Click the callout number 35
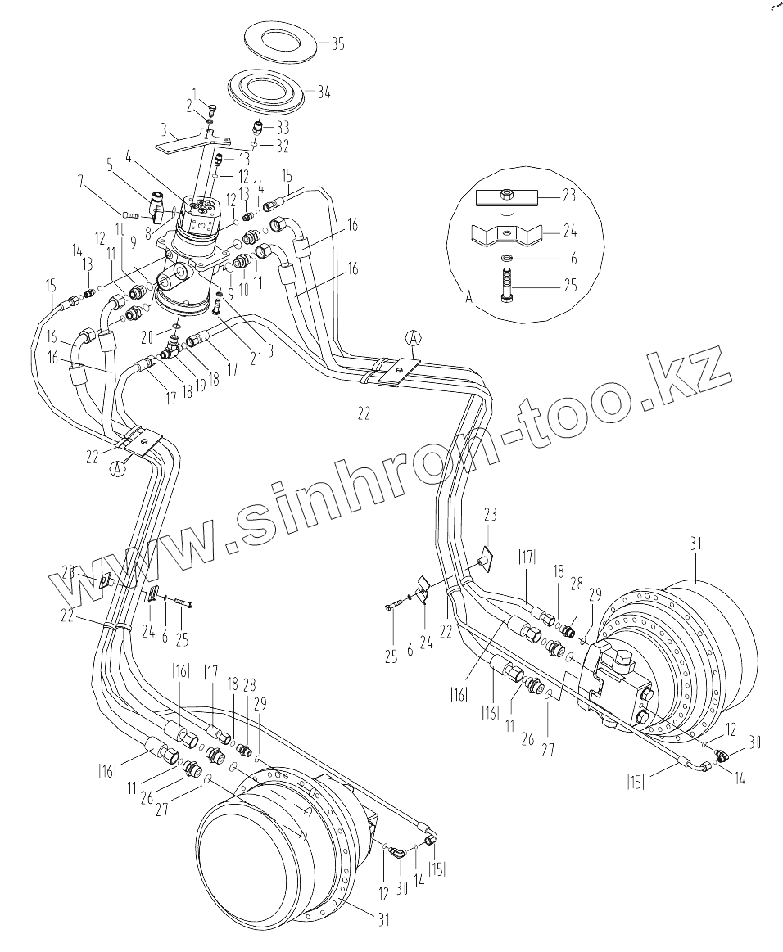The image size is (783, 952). coord(337,45)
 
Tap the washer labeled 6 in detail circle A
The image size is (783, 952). coord(505,259)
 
